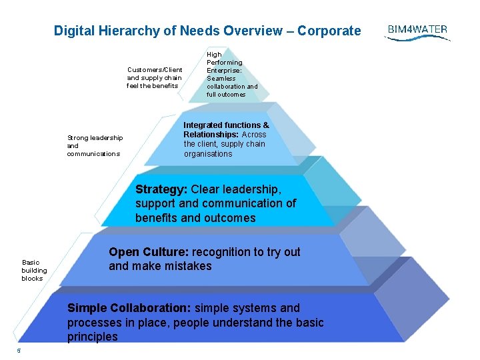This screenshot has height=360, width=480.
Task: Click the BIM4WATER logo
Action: tap(417, 31)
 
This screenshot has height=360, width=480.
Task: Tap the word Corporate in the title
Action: tap(329, 31)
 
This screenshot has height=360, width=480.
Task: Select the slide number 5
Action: tap(19, 351)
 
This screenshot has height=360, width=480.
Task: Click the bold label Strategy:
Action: tap(161, 189)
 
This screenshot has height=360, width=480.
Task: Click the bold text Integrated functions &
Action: tap(227, 125)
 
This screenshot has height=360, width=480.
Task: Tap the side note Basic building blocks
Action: tap(34, 271)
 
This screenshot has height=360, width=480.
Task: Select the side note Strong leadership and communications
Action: tap(95, 146)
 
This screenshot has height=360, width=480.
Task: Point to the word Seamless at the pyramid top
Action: tap(221, 79)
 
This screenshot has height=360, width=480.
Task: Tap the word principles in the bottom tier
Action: tap(92, 337)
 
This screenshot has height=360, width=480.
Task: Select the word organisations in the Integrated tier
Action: tap(208, 154)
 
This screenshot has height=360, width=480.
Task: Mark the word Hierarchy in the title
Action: tap(124, 31)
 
